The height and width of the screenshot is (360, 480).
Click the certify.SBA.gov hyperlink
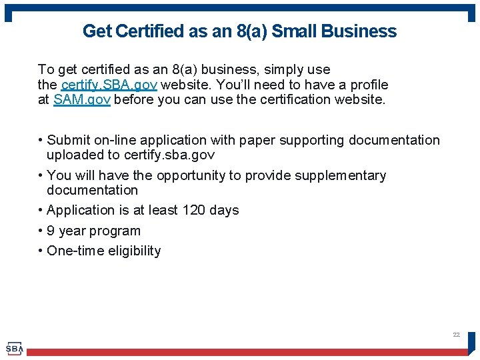109,85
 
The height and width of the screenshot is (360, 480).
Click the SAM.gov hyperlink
81,100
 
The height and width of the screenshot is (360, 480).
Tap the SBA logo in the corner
14,348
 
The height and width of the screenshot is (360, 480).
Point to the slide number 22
456,334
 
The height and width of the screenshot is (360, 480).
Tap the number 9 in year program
51,231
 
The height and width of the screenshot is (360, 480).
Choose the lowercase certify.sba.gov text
170,155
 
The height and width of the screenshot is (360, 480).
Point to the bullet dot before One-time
41,251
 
